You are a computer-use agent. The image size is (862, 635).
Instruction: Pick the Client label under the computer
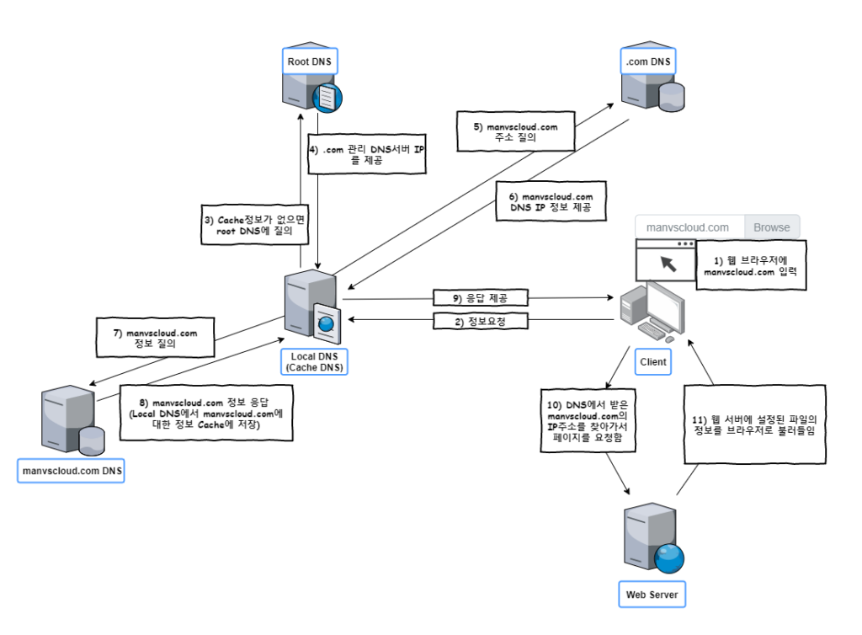click(652, 362)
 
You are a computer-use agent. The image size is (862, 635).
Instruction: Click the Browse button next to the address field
click(771, 227)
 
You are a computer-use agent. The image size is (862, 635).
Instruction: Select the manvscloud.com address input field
click(689, 227)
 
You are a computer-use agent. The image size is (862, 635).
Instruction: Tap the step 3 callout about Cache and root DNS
click(253, 226)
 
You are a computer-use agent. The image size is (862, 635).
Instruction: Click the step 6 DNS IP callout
click(551, 202)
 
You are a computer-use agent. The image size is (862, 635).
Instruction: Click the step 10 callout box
click(588, 421)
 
